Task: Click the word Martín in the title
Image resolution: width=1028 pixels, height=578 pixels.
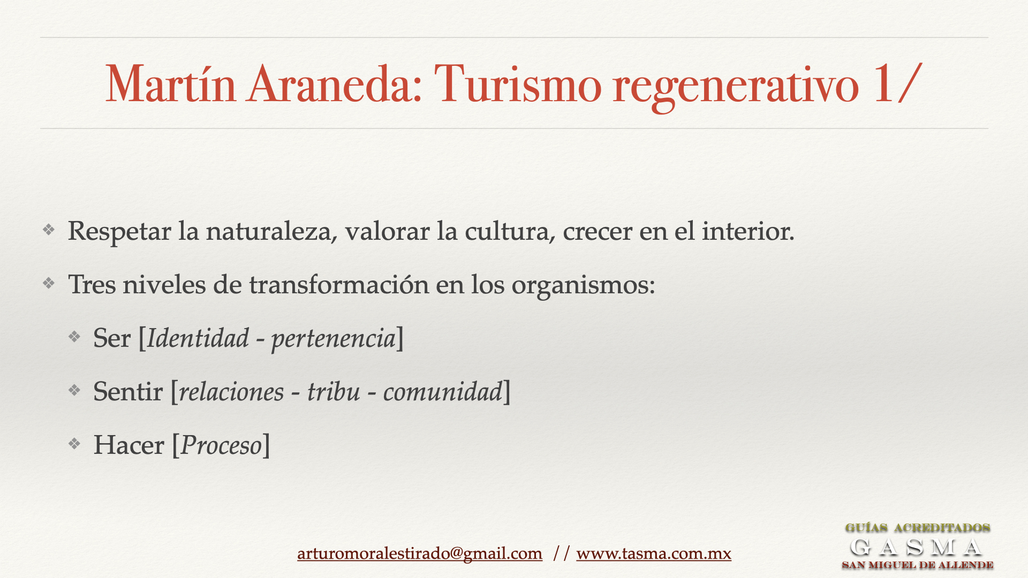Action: [171, 83]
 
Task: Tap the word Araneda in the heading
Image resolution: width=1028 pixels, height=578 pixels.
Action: [335, 83]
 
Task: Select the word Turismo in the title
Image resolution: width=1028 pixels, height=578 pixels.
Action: [518, 83]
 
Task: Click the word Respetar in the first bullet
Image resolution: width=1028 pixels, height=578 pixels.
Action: [119, 232]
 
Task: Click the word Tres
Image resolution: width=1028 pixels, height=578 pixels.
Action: [92, 284]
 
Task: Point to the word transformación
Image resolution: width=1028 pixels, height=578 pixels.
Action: [339, 284]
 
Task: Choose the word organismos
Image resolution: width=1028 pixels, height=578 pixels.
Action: [583, 286]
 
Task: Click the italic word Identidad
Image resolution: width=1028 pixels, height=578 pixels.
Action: [198, 338]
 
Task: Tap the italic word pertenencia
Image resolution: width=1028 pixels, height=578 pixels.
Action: [334, 340]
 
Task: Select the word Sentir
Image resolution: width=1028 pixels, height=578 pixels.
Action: [128, 391]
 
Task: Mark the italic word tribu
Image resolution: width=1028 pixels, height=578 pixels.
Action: [334, 391]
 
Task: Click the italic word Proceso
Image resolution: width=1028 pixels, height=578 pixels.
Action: [221, 445]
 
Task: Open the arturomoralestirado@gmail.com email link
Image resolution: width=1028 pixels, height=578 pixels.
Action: [420, 553]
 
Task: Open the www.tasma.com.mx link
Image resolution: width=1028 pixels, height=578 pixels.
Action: [654, 553]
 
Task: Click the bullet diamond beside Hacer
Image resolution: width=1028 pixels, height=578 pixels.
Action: [74, 444]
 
